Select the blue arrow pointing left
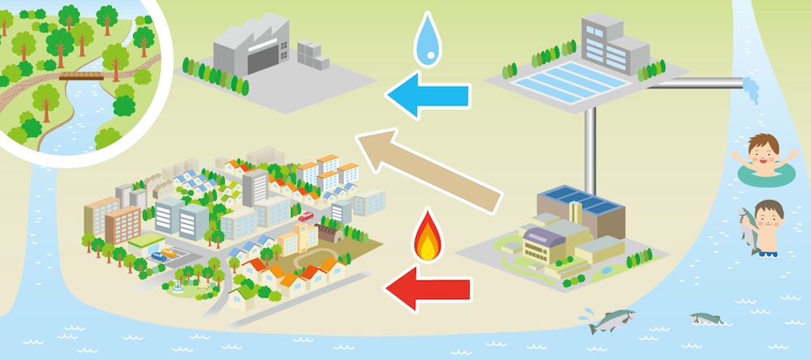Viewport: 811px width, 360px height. pyautogui.click(x=428, y=98)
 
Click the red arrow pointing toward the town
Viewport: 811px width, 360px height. pyautogui.click(x=427, y=288)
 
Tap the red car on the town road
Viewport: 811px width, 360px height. pyautogui.click(x=306, y=216)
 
